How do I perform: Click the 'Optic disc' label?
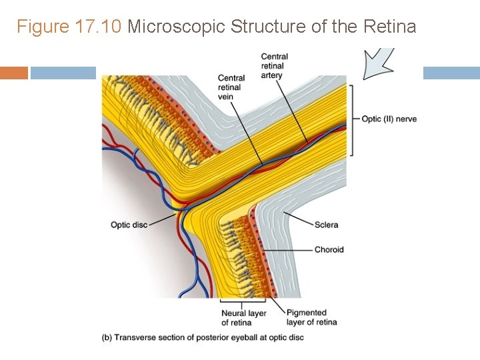click(129, 225)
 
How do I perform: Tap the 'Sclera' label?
click(326, 225)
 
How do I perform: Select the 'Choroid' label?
click(329, 249)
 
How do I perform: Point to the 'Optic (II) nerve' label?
click(389, 119)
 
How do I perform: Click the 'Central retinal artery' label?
click(274, 66)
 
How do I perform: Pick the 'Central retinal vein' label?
click(231, 87)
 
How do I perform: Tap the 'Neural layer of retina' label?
click(243, 317)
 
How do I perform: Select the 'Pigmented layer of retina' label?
click(311, 317)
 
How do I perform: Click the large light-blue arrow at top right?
click(377, 63)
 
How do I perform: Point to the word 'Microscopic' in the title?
click(176, 27)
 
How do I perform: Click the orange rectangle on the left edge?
click(13, 73)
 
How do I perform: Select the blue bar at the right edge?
click(451, 73)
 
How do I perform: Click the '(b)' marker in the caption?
click(107, 337)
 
